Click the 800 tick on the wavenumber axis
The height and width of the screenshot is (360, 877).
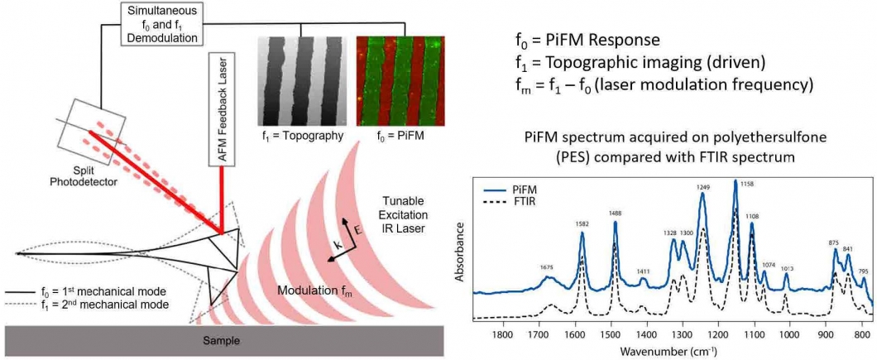(x=862, y=335)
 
